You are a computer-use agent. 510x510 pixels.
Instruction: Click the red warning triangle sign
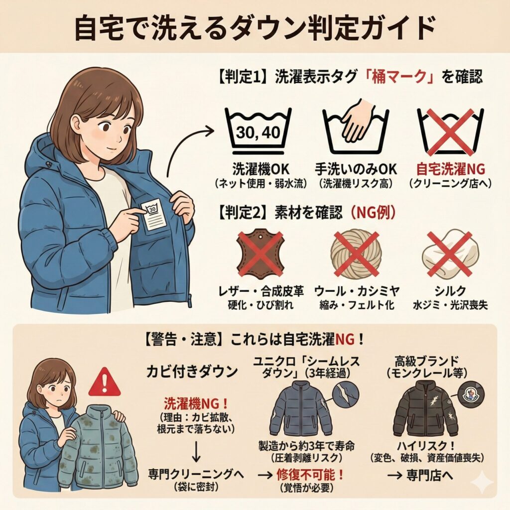pyautogui.click(x=104, y=382)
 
